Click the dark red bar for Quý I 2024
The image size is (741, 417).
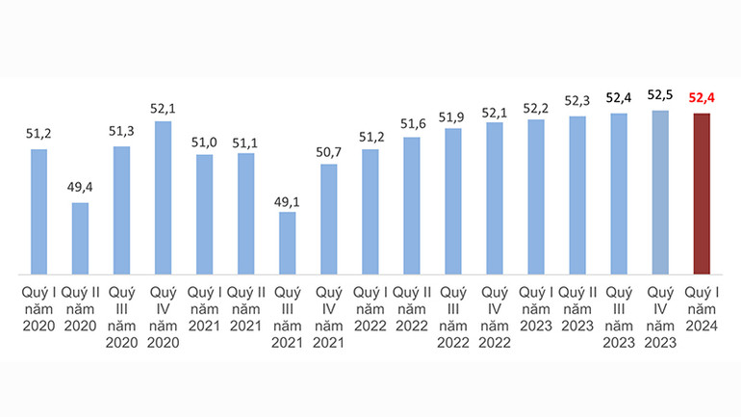point(701,194)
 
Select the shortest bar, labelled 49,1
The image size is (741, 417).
point(287,243)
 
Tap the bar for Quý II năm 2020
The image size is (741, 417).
point(80,238)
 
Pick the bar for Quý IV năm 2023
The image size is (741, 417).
point(659,193)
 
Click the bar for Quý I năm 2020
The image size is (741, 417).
point(38,212)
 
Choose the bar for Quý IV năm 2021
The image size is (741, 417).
point(328,219)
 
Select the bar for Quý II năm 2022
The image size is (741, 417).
point(411,205)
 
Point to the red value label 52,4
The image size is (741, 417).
point(701,97)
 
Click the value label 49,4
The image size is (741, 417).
point(80,187)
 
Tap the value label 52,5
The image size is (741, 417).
point(659,94)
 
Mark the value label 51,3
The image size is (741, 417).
point(121,131)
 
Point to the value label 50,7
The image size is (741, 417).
point(328,148)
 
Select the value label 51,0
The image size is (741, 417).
point(204,141)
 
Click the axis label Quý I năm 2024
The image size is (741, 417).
point(701,308)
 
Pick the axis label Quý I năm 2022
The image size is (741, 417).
point(370,308)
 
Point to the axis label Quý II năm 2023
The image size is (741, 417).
point(576,308)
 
